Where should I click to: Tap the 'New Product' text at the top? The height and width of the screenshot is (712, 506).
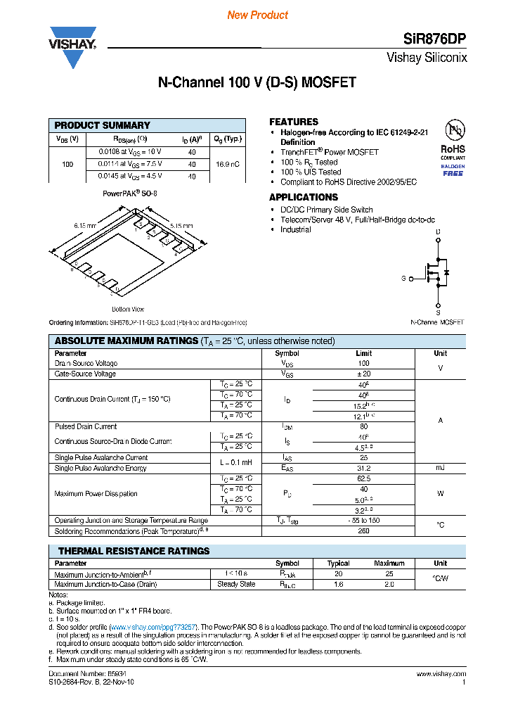(257, 15)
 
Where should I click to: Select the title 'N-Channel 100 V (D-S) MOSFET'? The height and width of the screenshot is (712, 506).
(257, 83)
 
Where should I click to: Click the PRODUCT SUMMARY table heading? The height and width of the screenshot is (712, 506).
(103, 125)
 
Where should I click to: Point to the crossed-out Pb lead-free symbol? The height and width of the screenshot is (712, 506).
(453, 130)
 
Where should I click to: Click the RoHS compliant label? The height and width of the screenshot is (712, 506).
(453, 149)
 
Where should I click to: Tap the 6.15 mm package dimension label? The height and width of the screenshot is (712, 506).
(84, 225)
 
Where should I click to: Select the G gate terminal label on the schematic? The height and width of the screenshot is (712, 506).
(403, 279)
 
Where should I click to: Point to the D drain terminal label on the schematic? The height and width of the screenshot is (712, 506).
(438, 231)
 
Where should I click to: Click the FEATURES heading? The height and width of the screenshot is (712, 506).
(294, 122)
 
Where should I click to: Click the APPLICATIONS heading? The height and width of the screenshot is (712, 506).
(304, 197)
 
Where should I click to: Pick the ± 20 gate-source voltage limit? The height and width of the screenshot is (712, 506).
(363, 374)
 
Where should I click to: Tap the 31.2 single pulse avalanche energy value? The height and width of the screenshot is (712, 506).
(363, 468)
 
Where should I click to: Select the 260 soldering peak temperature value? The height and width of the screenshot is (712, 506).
(363, 531)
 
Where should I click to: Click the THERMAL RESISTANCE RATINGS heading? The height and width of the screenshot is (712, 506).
(134, 551)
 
